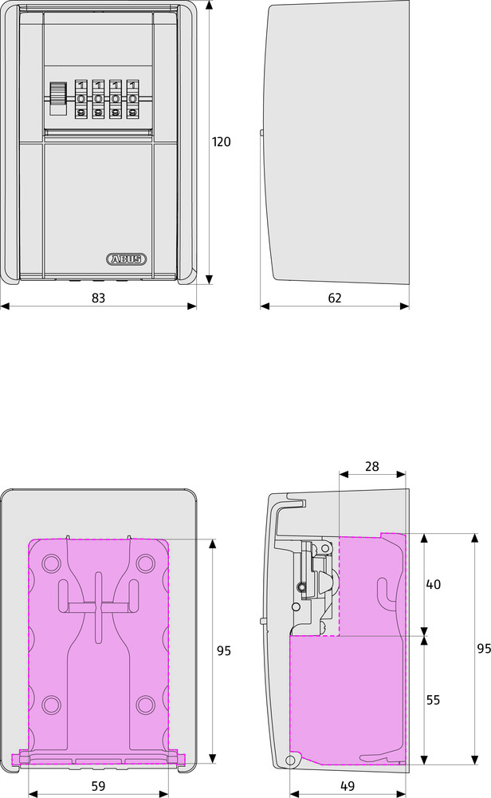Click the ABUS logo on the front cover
coord(126,259)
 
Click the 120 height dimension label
coord(221,142)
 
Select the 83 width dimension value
coord(98,297)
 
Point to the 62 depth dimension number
coord(335,297)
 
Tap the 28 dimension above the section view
coord(372,466)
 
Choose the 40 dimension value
coord(433,584)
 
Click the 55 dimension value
coord(433,700)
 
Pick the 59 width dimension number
coord(98,785)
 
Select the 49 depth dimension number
coord(348,785)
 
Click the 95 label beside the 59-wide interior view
coord(223,650)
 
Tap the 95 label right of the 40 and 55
coord(483,648)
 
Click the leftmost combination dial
coord(81,100)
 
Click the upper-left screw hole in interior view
coord(51,564)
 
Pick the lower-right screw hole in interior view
coord(144,704)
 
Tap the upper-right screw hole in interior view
coord(144,564)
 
